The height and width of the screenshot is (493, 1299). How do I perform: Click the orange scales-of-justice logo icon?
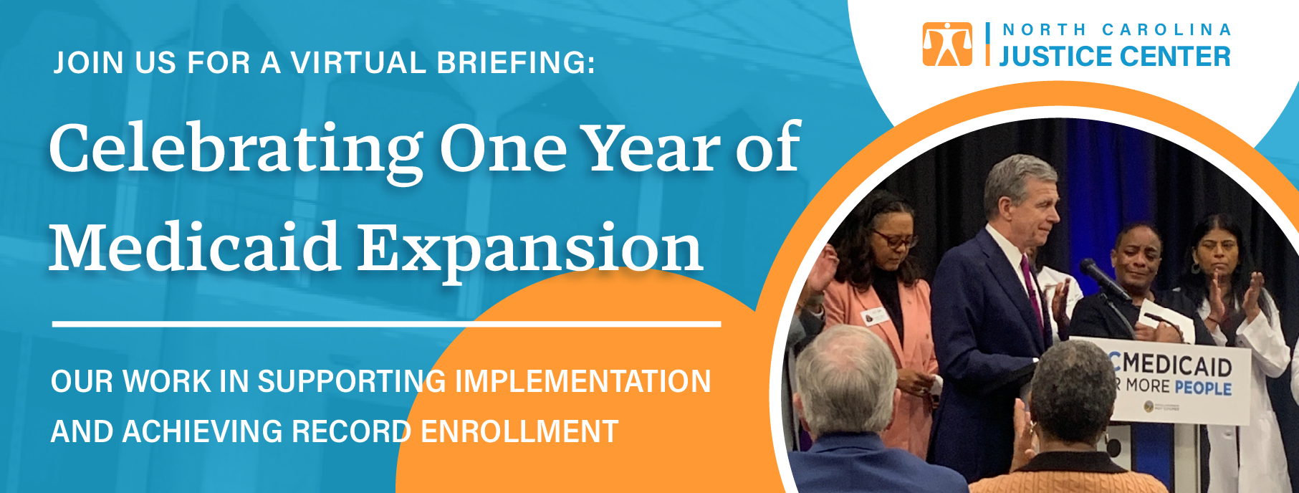pyautogui.click(x=947, y=44)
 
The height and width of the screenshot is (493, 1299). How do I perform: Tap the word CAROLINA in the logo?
pyautogui.click(x=1166, y=30)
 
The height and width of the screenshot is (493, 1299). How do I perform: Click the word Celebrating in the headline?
pyautogui.click(x=236, y=149)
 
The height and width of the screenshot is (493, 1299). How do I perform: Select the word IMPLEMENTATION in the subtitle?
pyautogui.click(x=583, y=381)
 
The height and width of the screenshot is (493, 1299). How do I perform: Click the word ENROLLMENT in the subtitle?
pyautogui.click(x=519, y=431)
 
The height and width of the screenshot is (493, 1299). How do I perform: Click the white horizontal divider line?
pyautogui.click(x=386, y=324)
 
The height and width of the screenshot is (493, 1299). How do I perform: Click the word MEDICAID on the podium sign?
pyautogui.click(x=1175, y=364)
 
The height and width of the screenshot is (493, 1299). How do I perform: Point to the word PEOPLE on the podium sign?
pyautogui.click(x=1203, y=388)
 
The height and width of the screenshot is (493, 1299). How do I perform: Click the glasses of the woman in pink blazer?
pyautogui.click(x=894, y=239)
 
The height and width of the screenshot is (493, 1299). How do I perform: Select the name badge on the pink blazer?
pyautogui.click(x=873, y=316)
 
